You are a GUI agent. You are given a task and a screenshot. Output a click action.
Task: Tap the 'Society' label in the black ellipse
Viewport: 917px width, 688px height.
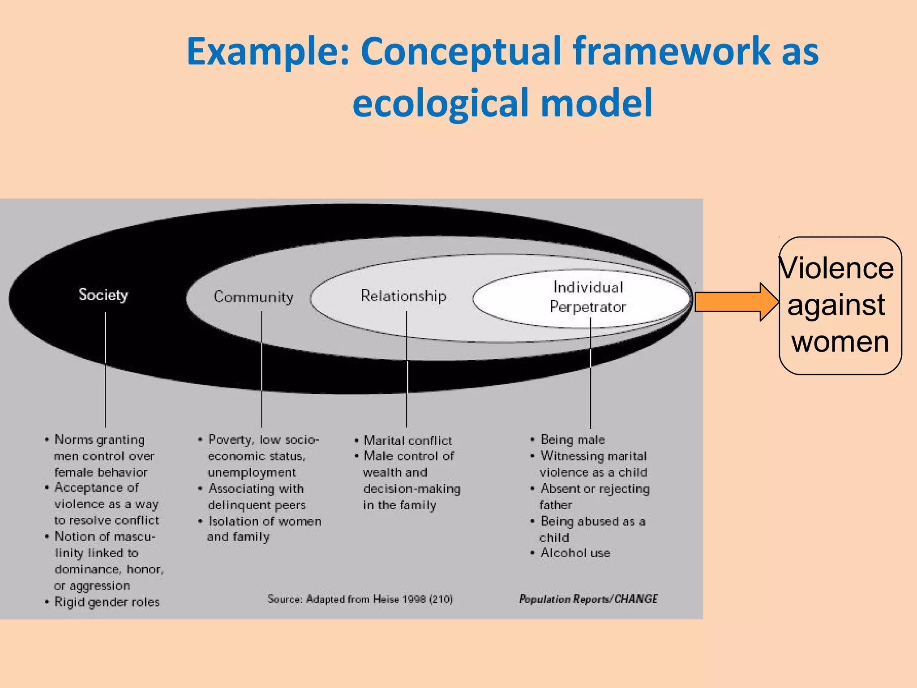coord(103,295)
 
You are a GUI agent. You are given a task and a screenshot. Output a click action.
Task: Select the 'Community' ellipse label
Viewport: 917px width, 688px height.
coord(253,297)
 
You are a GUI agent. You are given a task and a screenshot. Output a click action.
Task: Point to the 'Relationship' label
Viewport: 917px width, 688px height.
coord(403,296)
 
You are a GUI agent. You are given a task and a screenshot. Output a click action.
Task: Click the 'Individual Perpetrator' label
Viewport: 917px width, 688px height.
coord(588,297)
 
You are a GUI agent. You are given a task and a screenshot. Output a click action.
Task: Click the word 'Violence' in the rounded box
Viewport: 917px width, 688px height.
coord(836,269)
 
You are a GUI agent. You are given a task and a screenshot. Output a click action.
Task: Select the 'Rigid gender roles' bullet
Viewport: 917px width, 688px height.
coord(107,602)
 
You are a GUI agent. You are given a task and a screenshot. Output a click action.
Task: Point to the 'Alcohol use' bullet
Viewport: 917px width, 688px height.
coord(575,553)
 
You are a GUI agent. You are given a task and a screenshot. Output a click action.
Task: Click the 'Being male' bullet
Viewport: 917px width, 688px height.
coord(573,440)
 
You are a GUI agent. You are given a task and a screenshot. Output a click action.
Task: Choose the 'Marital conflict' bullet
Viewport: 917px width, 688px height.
coord(408,441)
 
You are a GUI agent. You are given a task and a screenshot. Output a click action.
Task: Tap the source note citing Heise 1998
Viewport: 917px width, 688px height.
coord(360,599)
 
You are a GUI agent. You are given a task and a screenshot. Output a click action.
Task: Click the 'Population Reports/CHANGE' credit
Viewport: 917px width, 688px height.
coord(588,599)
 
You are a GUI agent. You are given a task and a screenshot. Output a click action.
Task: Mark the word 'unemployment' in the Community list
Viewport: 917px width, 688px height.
coord(252,473)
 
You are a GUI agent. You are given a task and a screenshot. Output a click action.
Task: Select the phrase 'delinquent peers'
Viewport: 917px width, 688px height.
coord(257,505)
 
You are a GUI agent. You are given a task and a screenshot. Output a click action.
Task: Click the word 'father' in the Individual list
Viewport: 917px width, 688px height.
coord(556,505)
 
